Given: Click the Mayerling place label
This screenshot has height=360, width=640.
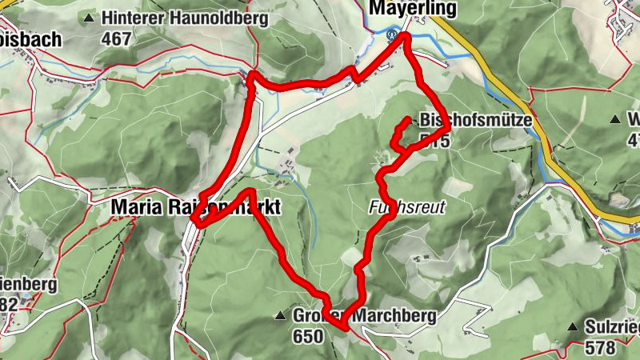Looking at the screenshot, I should (412, 9).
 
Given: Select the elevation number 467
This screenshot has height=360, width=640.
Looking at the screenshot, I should (116, 38).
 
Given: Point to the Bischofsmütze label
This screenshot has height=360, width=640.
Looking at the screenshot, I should (475, 119).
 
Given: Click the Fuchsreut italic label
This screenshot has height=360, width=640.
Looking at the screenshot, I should (406, 207).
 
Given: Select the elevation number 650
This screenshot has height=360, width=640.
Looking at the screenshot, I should (307, 337).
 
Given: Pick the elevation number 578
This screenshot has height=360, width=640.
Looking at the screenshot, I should (600, 348).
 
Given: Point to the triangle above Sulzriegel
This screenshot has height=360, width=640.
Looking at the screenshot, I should (573, 328).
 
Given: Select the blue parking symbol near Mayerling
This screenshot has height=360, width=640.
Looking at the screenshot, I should (392, 35).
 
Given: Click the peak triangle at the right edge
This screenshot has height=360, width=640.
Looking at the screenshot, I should (614, 120).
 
